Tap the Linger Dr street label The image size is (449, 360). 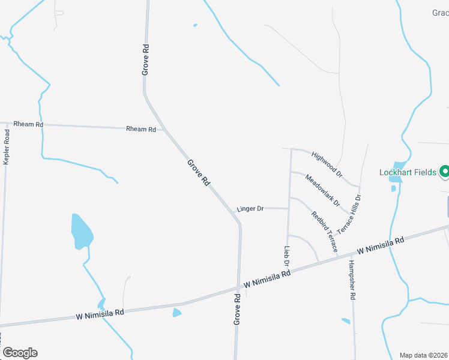click(x=250, y=209)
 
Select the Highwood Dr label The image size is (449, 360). click(x=327, y=164)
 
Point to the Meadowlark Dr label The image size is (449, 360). click(x=322, y=189)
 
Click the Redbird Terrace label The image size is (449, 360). click(x=324, y=231)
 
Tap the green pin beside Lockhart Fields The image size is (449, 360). click(x=445, y=172)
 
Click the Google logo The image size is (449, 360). click(x=20, y=353)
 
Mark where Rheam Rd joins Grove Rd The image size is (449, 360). click(x=164, y=129)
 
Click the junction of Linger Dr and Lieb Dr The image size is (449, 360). click(x=289, y=208)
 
